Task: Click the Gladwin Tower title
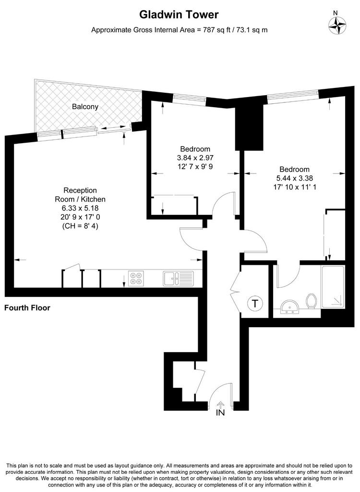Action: point(179,14)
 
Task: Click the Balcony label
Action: point(85,107)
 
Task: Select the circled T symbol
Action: point(255,304)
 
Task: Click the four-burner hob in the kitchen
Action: point(136,278)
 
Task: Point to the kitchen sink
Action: point(178,279)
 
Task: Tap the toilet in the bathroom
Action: point(312,301)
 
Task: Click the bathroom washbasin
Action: point(290,307)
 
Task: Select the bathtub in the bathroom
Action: point(333,286)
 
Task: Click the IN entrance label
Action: point(220,413)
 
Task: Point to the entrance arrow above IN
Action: point(220,404)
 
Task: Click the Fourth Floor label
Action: point(27,308)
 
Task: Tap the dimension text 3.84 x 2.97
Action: point(195,158)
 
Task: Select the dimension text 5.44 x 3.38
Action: point(294,178)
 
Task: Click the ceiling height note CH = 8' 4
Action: point(80,226)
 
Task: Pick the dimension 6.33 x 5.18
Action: point(80,208)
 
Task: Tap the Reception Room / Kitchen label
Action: point(80,195)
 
